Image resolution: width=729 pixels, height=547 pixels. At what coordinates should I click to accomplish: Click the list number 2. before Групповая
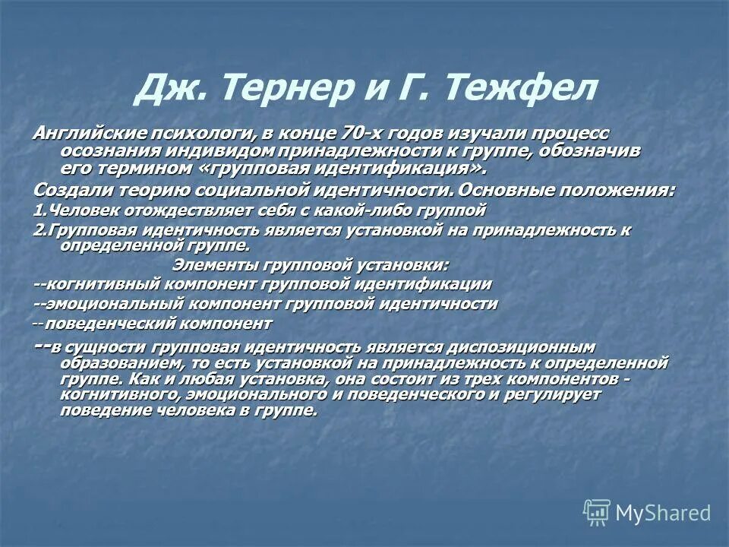click(x=39, y=229)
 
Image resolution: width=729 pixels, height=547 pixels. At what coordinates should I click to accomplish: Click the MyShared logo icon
click(x=596, y=513)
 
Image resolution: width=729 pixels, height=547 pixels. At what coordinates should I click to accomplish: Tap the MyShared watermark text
click(x=662, y=513)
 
